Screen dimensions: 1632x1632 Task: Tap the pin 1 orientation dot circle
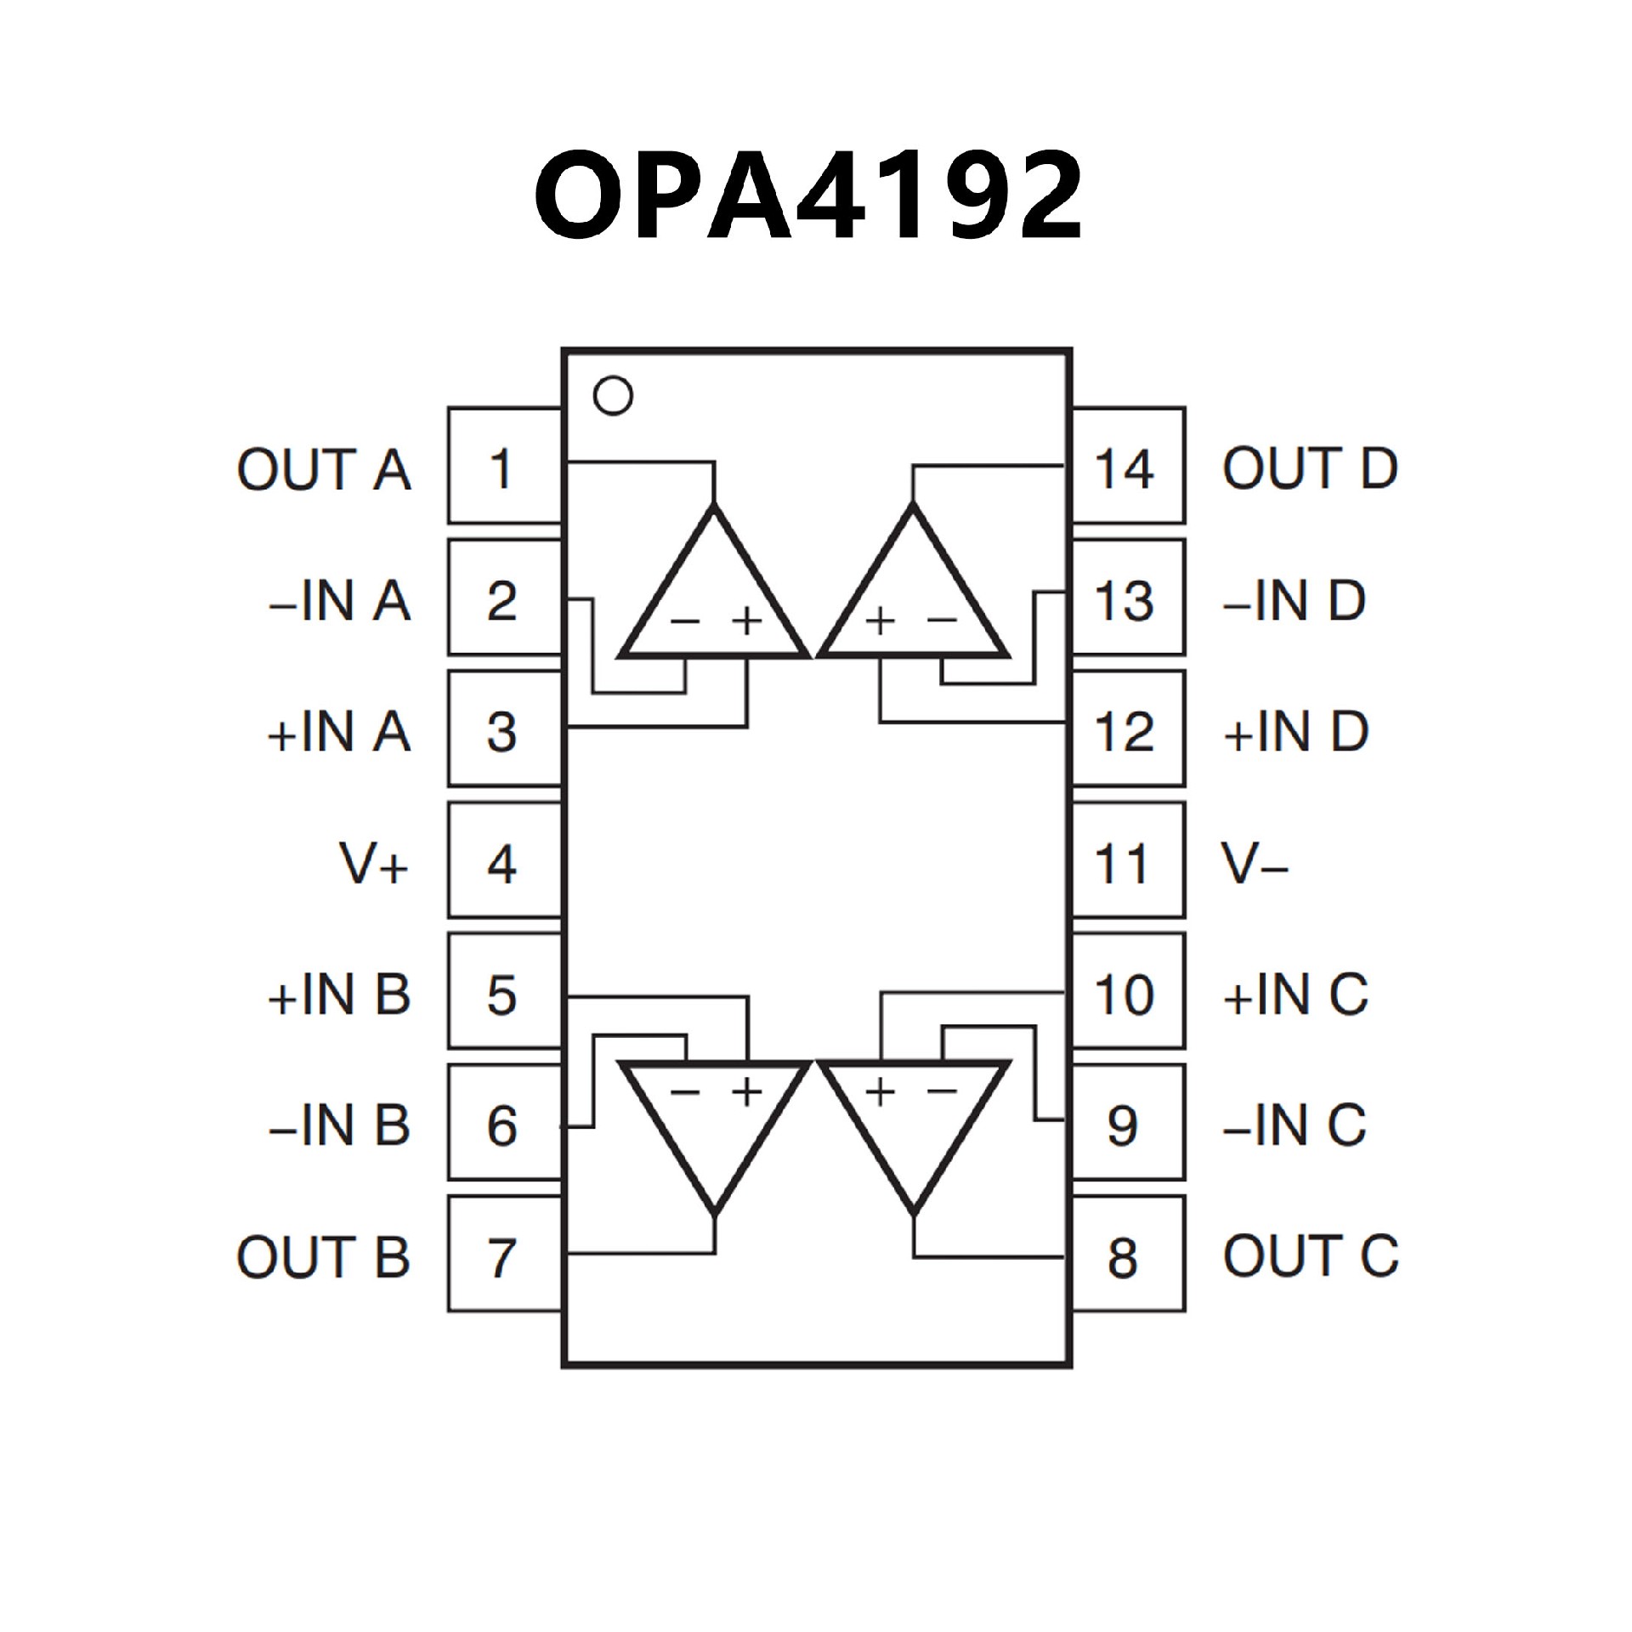[613, 396]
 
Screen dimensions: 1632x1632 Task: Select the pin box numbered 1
[504, 466]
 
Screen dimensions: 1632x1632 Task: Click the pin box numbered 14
[1128, 466]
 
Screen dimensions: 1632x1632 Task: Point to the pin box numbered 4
[504, 860]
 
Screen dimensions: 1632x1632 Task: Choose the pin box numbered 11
[1128, 860]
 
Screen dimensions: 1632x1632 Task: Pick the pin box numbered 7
[504, 1255]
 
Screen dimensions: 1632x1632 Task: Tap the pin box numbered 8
[1128, 1255]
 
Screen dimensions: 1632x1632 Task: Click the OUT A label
[324, 469]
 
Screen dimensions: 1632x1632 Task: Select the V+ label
[374, 864]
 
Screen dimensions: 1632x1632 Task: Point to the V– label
[1255, 864]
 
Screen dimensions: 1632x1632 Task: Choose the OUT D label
[1310, 469]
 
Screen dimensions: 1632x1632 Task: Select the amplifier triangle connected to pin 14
[913, 599]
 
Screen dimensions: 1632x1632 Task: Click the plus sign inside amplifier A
[746, 621]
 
